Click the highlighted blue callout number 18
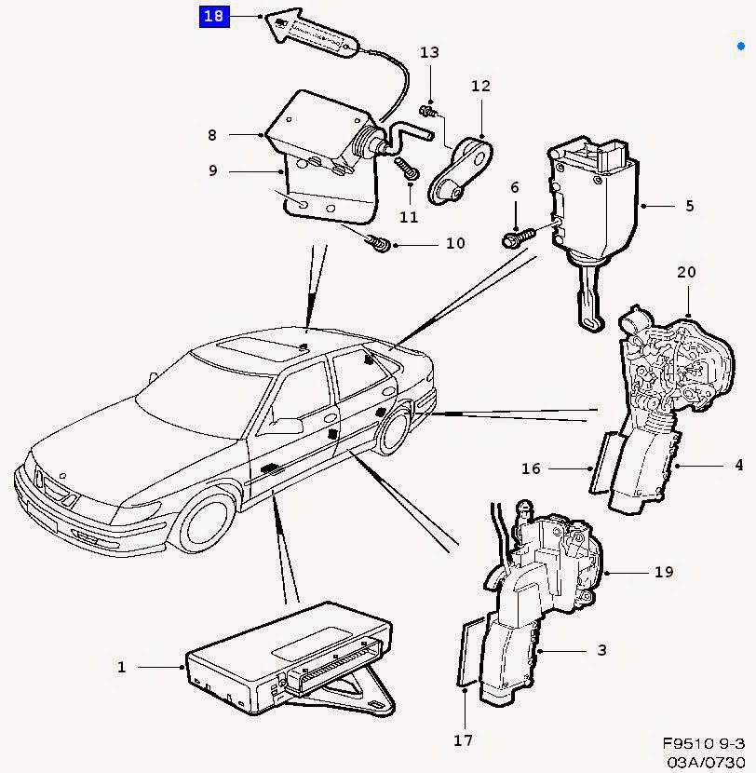(214, 16)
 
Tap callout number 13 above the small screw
(429, 52)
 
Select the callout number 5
(690, 206)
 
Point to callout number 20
(686, 272)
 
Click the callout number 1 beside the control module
(122, 667)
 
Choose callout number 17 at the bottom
(464, 740)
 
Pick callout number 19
(664, 572)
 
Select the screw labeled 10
(379, 243)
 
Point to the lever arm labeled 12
(460, 170)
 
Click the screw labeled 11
(408, 169)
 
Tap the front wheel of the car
(207, 522)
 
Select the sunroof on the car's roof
(263, 346)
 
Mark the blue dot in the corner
(741, 47)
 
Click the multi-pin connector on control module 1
(335, 667)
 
